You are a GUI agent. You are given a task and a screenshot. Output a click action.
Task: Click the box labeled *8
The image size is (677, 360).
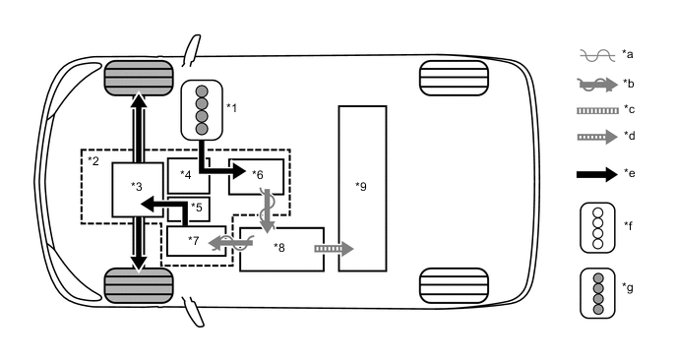tap(281, 249)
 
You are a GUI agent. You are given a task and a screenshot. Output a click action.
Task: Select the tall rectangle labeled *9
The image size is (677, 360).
tap(362, 187)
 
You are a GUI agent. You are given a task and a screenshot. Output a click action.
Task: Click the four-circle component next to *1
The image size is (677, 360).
tap(202, 108)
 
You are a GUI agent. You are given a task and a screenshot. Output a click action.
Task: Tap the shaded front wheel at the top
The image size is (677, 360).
tap(139, 76)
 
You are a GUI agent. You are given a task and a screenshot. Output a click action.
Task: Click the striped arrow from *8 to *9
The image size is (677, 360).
tap(332, 249)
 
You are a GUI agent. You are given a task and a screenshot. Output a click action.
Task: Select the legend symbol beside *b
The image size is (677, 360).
tap(594, 84)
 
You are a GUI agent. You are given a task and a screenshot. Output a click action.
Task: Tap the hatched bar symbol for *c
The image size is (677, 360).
tap(594, 110)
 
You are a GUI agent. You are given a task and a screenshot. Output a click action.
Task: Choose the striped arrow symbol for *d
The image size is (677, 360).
tap(594, 137)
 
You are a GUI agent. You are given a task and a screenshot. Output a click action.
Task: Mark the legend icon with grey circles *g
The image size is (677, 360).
tap(595, 290)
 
